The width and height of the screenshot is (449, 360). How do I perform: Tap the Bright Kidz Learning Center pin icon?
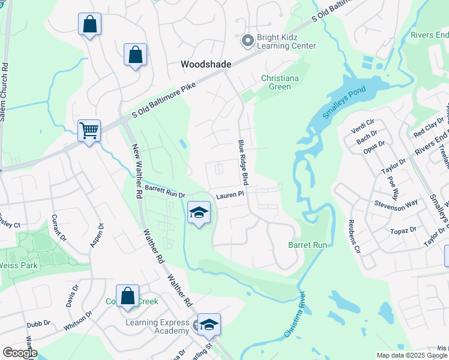(247, 41)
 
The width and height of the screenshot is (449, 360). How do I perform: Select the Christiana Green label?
(279, 82)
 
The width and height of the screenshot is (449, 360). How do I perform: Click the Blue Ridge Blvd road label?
(243, 163)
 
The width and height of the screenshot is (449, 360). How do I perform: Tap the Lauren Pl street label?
(231, 194)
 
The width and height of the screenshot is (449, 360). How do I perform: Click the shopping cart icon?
(89, 130)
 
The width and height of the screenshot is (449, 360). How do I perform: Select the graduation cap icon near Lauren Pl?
(199, 212)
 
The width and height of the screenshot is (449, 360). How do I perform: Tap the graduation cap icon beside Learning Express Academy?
(209, 325)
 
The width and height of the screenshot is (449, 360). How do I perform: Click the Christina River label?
(295, 316)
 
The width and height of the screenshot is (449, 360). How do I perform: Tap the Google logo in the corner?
(20, 353)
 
